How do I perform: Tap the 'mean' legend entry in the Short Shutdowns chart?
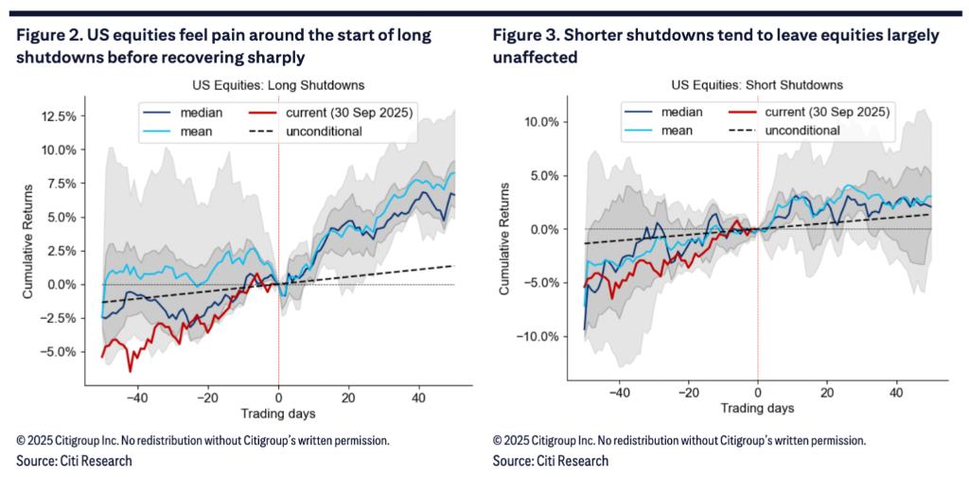coord(674,130)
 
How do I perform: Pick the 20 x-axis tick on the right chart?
coord(827,392)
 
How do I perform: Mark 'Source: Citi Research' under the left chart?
coord(74,461)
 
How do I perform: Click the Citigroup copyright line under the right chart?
coord(678,441)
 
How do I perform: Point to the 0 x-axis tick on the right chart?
coord(758,392)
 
